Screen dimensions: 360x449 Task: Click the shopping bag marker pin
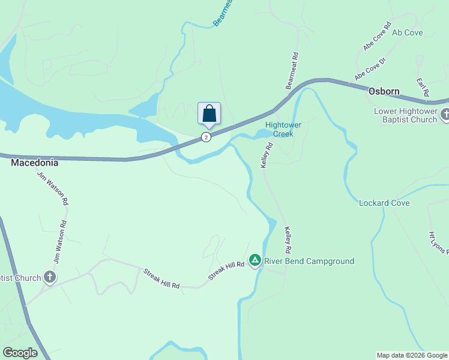click(209, 114)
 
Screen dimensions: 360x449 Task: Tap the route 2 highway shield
click(206, 137)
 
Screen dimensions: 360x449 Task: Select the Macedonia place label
click(34, 163)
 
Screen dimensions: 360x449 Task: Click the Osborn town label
click(384, 92)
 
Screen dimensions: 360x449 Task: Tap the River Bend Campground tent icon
click(255, 260)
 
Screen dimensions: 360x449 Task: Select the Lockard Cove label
click(384, 203)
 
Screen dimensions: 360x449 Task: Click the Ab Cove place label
click(408, 32)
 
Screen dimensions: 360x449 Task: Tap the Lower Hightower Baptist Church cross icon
click(445, 114)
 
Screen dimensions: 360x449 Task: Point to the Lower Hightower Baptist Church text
click(406, 115)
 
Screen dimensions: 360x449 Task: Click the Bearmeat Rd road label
click(292, 71)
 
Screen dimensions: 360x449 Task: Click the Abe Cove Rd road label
click(377, 37)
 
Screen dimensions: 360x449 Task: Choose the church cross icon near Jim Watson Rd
click(50, 277)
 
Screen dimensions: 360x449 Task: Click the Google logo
click(20, 353)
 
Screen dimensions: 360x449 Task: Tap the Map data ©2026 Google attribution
click(412, 355)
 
